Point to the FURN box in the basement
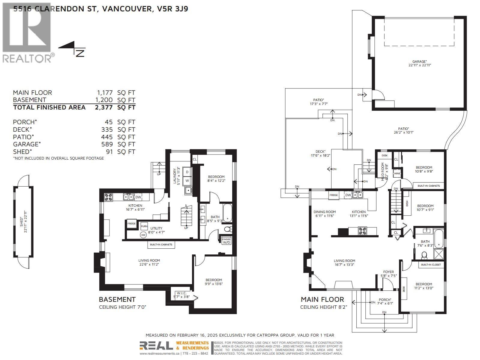click(x=144, y=226)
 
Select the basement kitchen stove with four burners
click(x=108, y=197)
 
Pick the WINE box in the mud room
click(x=397, y=173)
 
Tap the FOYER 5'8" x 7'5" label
click(x=388, y=274)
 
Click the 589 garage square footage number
click(x=107, y=144)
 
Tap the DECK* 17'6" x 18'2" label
click(x=320, y=153)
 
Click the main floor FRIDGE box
click(x=334, y=195)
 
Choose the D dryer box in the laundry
click(x=187, y=172)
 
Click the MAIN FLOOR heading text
click(x=322, y=299)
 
